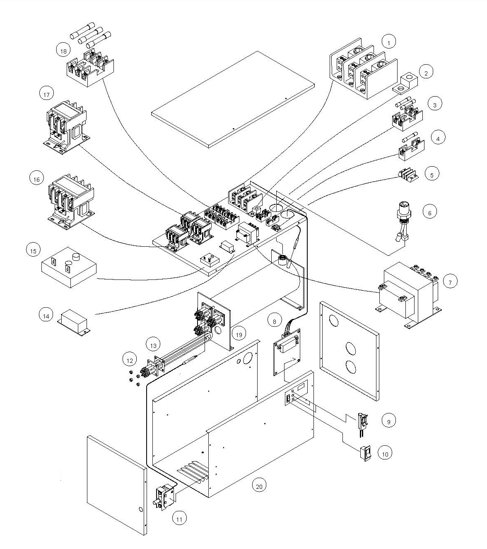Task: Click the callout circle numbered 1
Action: pos(389,42)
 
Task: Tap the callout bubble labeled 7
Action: pos(450,282)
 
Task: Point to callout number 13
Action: pos(153,345)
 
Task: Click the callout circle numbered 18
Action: pos(63,51)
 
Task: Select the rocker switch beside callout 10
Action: pos(365,454)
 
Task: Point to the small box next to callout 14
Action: pos(74,323)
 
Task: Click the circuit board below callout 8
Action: pos(287,352)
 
